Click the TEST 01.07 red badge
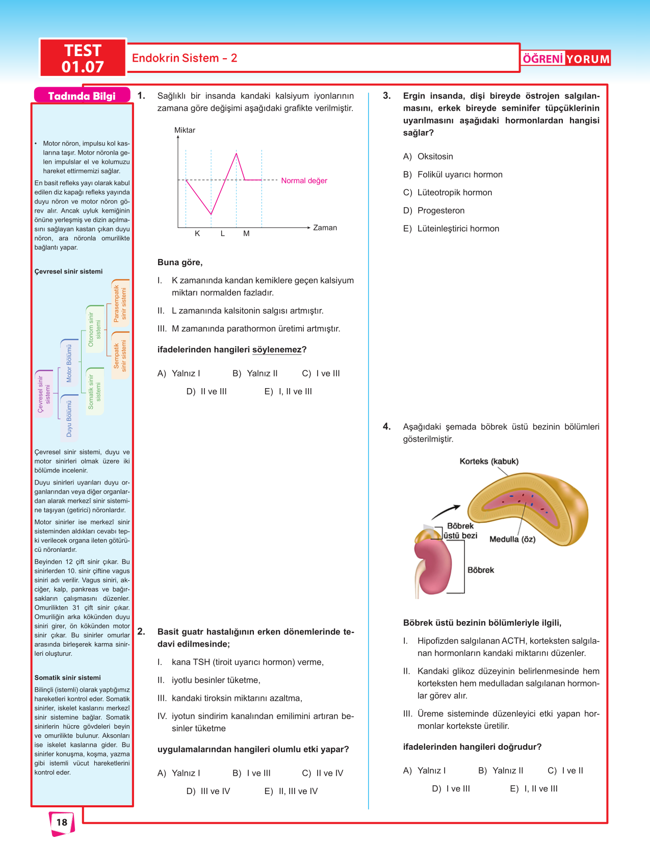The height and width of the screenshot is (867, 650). click(x=83, y=58)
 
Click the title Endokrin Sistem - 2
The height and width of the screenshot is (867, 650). click(x=185, y=58)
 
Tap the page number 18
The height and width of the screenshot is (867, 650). click(x=62, y=822)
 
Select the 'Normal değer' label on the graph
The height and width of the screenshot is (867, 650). click(x=304, y=181)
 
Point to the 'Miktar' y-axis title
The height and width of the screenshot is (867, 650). click(x=185, y=130)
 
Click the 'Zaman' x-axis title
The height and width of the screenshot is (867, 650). click(x=325, y=227)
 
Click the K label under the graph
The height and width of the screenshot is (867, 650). click(x=197, y=234)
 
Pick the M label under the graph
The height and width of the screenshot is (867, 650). click(x=246, y=234)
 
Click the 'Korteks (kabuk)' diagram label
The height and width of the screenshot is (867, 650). click(x=489, y=462)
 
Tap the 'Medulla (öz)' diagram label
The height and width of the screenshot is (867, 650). click(x=512, y=539)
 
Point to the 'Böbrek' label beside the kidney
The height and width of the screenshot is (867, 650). click(x=481, y=570)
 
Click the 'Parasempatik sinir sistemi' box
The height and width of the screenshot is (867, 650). click(x=120, y=303)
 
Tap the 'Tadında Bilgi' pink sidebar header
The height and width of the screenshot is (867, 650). click(x=82, y=96)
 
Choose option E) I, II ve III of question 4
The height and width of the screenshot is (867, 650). click(x=534, y=788)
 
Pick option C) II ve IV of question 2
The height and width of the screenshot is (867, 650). click(x=323, y=773)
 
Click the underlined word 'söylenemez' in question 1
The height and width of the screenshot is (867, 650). click(x=277, y=350)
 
